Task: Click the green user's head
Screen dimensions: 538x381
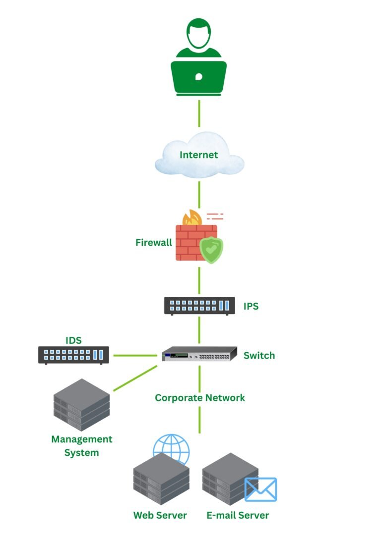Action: (x=199, y=34)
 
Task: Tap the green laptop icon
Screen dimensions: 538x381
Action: (x=199, y=77)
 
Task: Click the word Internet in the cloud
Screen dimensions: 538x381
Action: (x=198, y=155)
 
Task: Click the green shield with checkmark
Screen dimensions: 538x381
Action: (x=211, y=250)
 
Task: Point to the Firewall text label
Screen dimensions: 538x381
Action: (x=154, y=243)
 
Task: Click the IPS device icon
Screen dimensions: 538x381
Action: (x=199, y=306)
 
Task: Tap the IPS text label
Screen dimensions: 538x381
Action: (x=251, y=306)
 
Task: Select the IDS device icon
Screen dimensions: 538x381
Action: (x=73, y=355)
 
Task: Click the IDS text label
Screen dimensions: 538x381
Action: (x=73, y=340)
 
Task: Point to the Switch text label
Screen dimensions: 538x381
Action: (x=259, y=356)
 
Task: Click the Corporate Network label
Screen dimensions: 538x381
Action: (x=200, y=398)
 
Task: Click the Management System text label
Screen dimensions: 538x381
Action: (x=82, y=446)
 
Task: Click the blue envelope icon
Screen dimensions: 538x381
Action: (x=260, y=489)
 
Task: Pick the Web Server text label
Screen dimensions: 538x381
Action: (x=160, y=515)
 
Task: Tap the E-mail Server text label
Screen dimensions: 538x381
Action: (x=238, y=515)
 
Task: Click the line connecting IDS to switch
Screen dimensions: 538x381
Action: (x=135, y=355)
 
